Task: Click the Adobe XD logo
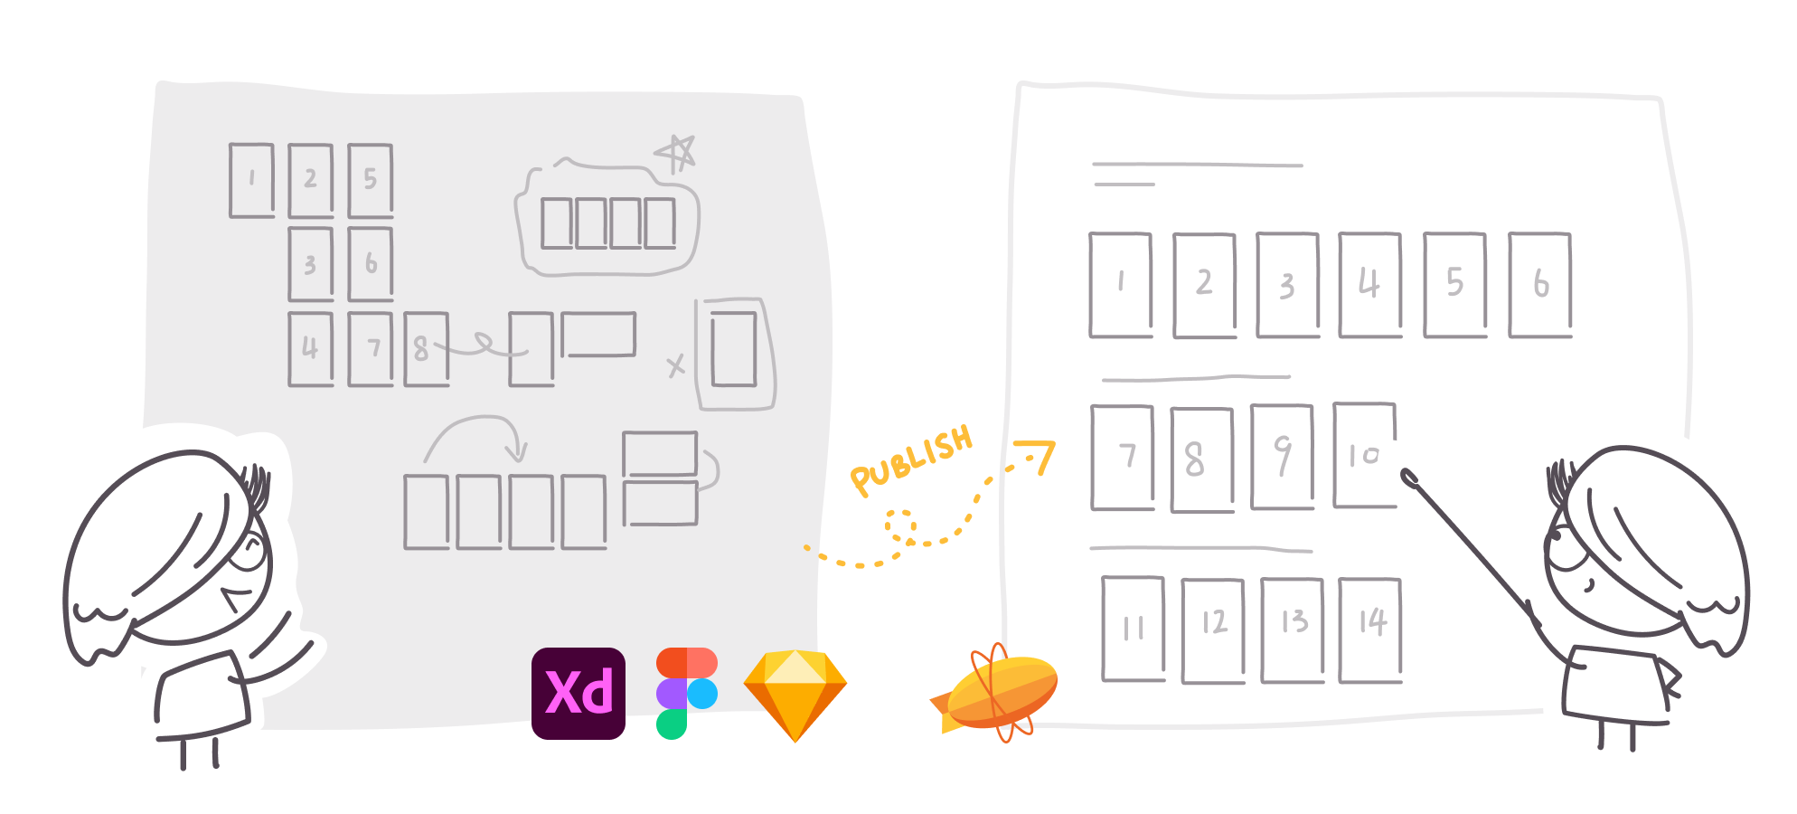coord(578,693)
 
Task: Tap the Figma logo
coord(686,693)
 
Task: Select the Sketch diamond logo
coord(795,694)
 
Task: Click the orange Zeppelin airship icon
coord(998,691)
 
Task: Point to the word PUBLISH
coord(911,460)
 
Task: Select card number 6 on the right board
coord(1540,285)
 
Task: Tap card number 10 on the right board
coord(1365,455)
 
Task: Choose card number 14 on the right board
coord(1370,629)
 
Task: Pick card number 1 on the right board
coord(1121,285)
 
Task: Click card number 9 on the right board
coord(1282,457)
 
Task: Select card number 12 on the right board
coord(1213,630)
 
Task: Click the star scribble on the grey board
coord(676,153)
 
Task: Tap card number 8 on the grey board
coord(426,349)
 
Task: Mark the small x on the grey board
coord(675,365)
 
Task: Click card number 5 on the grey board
coord(370,180)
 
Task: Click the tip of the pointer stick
coord(1407,475)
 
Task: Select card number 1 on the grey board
coord(251,180)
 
